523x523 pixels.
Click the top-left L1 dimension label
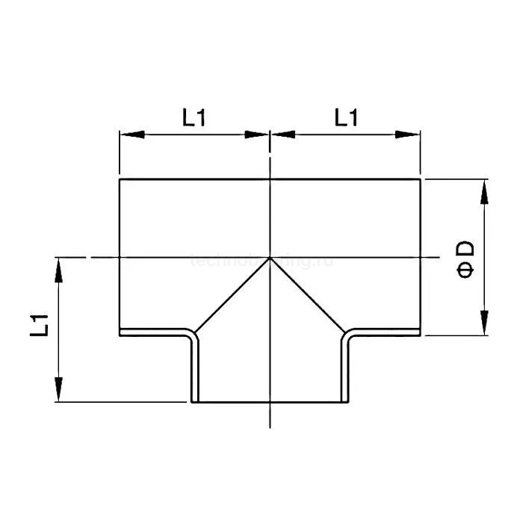coord(194,118)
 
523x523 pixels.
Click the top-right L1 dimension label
coord(346,118)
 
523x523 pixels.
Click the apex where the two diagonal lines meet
coord(269,258)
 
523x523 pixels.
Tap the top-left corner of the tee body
coord(120,179)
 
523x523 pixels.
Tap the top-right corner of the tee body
coord(420,179)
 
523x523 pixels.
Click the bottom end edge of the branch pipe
coord(269,402)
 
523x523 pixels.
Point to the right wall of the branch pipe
coord(346,370)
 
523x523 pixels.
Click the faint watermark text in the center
coord(261,261)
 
